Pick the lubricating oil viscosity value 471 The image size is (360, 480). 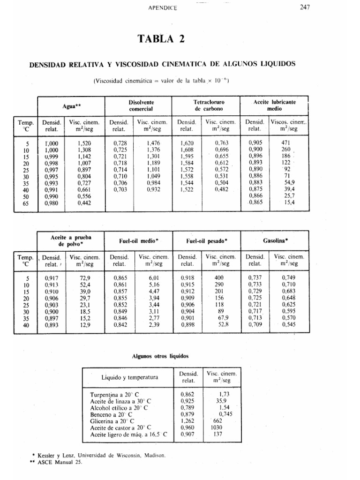coord(285,142)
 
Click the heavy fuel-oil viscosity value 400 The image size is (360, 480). coord(219,278)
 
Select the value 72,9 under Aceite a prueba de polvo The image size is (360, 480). coord(85,278)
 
